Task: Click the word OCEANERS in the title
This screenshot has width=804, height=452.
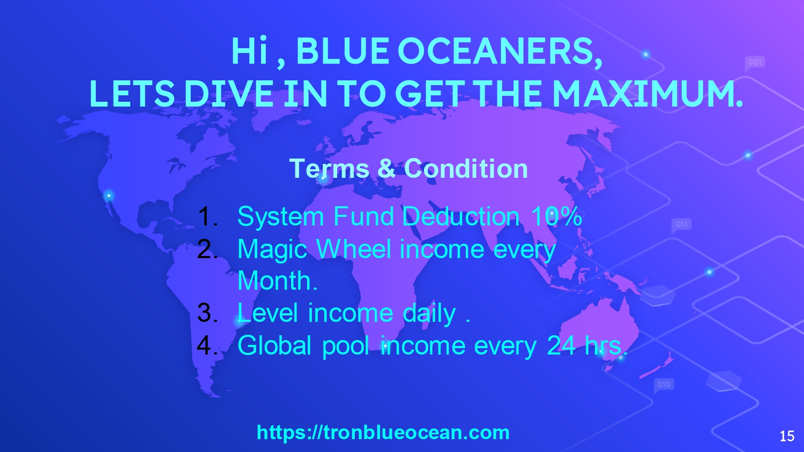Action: coord(500,51)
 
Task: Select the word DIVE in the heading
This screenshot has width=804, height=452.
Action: coord(229,93)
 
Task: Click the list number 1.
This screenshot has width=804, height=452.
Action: coord(207,216)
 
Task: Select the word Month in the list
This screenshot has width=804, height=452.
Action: coord(274,281)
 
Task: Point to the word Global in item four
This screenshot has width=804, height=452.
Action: coord(274,345)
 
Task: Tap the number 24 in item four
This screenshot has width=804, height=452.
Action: coord(561,345)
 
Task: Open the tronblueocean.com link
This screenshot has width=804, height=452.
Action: coord(383,432)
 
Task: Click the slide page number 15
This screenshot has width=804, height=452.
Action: coord(787,436)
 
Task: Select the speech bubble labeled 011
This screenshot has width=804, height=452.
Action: coord(681,225)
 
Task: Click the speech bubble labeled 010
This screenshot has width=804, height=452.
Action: coord(664,386)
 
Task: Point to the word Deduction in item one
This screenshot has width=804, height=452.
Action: coord(461,216)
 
